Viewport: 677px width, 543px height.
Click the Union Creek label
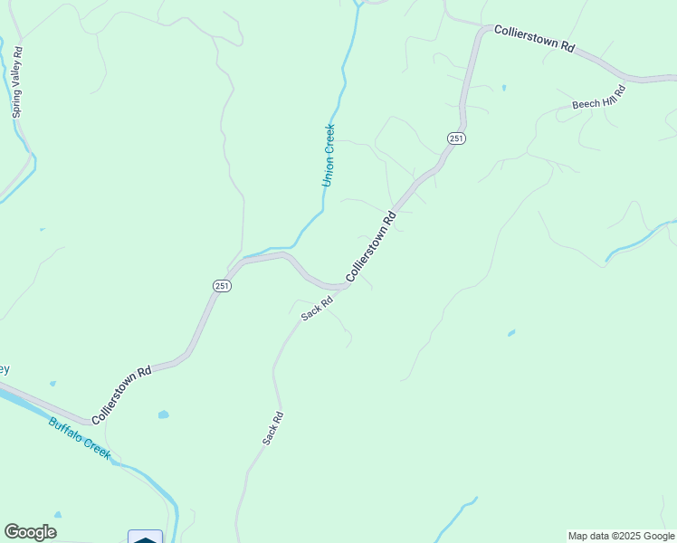tap(329, 156)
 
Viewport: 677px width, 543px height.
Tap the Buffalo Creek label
tap(80, 438)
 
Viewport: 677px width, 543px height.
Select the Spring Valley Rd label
tap(16, 82)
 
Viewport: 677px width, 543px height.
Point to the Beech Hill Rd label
tap(598, 98)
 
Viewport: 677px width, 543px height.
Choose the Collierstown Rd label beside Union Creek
tap(371, 248)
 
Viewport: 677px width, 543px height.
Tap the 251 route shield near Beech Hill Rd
tap(456, 138)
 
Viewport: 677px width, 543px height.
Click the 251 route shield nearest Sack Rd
tap(223, 286)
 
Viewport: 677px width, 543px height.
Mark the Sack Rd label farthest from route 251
tap(274, 428)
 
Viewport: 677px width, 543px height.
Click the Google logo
tap(30, 532)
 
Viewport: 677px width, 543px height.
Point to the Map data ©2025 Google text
tap(621, 536)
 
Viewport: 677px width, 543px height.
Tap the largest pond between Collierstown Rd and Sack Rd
tap(163, 414)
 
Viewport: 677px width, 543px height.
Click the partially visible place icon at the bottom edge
tap(145, 538)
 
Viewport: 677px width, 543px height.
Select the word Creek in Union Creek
tap(329, 138)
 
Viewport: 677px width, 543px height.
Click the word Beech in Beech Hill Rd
tap(584, 103)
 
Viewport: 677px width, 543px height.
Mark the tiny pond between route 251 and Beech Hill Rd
tap(503, 88)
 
